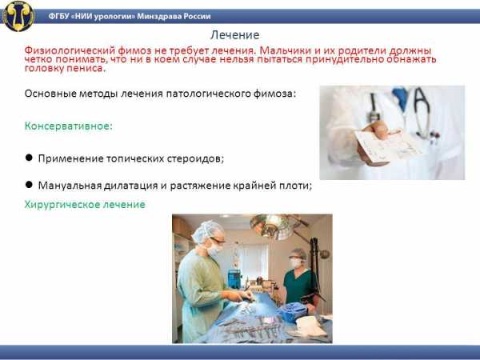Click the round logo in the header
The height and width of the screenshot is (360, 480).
(x=18, y=16)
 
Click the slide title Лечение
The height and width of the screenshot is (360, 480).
(x=234, y=35)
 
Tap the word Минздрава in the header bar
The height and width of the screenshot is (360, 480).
(x=159, y=16)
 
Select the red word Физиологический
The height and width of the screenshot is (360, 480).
(x=70, y=50)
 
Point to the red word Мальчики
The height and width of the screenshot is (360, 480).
(x=285, y=50)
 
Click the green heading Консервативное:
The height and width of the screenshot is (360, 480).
(x=69, y=126)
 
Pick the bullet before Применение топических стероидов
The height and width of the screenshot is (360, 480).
(x=29, y=158)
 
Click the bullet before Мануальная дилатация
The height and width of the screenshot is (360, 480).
(x=29, y=185)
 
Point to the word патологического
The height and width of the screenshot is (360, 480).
(x=209, y=94)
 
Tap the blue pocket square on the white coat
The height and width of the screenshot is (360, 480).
(x=400, y=98)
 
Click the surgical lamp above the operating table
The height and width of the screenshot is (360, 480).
(x=271, y=226)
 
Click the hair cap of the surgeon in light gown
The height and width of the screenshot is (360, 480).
(x=207, y=231)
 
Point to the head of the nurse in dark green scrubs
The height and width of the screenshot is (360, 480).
(x=297, y=258)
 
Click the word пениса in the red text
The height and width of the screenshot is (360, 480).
(x=89, y=68)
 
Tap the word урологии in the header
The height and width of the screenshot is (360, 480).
(x=114, y=16)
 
